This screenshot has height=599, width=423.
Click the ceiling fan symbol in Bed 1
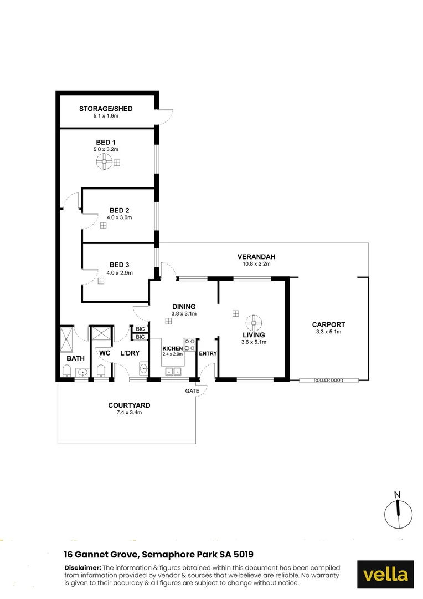point(103,162)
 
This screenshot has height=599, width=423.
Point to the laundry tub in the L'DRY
point(143,368)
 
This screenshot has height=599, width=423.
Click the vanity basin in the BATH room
point(82,372)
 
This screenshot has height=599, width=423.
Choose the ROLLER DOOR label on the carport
point(329,380)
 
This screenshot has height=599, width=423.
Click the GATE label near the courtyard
point(192,391)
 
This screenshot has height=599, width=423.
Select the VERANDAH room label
point(256,257)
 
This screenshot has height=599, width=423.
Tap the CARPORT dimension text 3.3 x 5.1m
point(328,332)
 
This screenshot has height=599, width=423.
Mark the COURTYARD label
point(129,405)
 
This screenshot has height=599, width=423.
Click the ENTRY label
point(208,354)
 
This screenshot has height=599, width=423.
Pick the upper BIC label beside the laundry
point(140,329)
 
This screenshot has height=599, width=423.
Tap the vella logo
point(385,575)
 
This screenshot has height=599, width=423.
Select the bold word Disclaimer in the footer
point(82,568)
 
